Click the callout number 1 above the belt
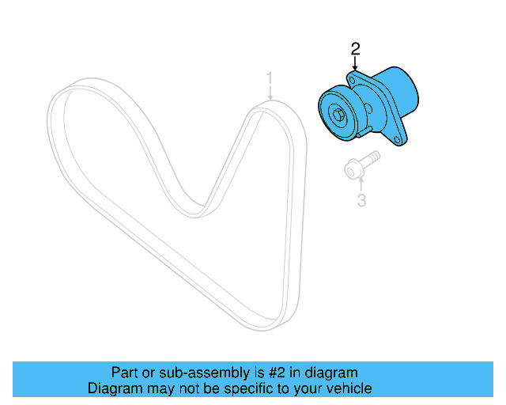coord(270,79)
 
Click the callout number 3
coord(361,200)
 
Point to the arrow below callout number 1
coord(270,96)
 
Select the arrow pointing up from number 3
coord(361,184)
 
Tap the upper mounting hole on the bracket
coord(350,79)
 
